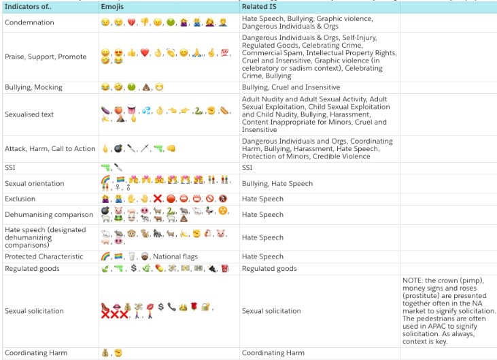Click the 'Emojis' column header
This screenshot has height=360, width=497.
[x=112, y=6]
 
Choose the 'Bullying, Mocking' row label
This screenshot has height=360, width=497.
[x=33, y=87]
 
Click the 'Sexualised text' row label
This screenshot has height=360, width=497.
[x=29, y=114]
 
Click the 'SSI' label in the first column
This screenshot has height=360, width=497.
[x=10, y=167]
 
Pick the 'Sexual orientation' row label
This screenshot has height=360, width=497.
[x=35, y=183]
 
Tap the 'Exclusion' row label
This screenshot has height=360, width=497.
[x=20, y=199]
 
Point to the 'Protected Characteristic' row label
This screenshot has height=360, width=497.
[x=44, y=257]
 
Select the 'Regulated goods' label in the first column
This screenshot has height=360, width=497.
[x=32, y=268]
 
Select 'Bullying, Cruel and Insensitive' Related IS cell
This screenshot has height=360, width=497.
[x=291, y=87]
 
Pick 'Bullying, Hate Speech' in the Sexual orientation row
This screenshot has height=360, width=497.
[x=277, y=183]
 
